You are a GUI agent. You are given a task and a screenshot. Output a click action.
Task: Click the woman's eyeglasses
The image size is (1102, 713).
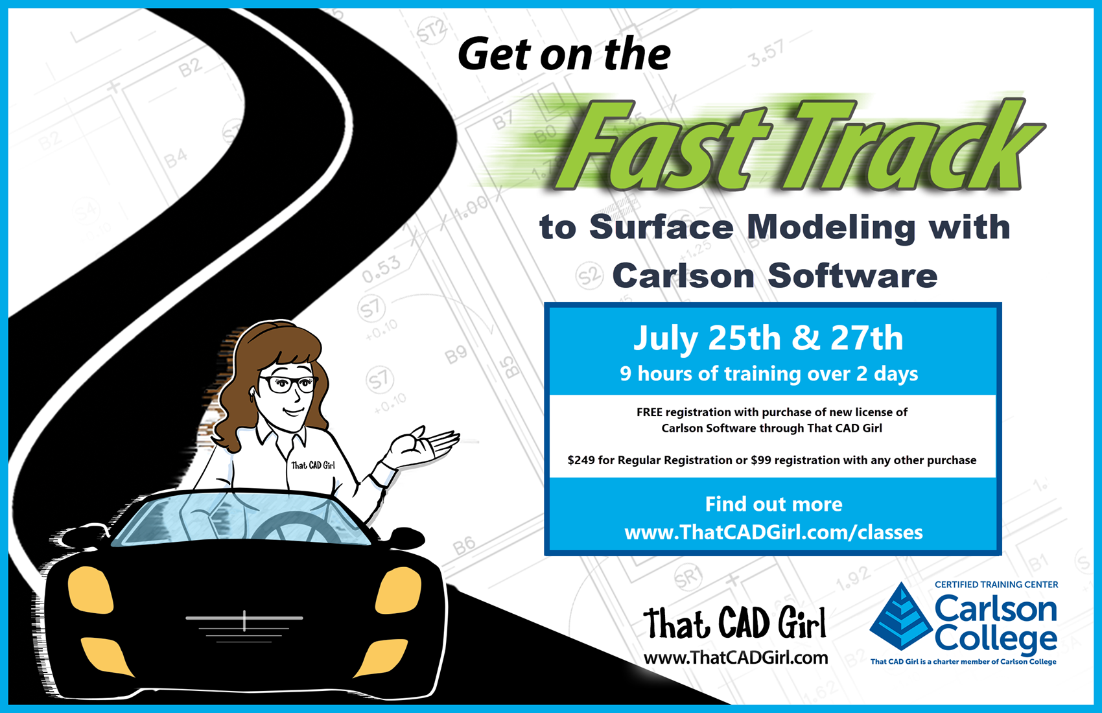click(288, 384)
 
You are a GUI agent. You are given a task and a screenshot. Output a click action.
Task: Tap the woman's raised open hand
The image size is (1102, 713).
click(423, 446)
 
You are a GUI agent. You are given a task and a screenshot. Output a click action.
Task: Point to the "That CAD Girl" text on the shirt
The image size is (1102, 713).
click(313, 465)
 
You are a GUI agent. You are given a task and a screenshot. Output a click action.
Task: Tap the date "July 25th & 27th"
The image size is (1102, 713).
click(768, 338)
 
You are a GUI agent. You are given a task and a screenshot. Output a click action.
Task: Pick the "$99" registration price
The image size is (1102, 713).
click(761, 460)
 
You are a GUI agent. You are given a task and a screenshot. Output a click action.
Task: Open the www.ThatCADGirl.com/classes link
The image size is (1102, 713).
click(773, 532)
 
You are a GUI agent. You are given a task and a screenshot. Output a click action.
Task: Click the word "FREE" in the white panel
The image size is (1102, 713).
click(650, 412)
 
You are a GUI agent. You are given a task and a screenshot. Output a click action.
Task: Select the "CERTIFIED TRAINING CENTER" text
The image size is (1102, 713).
click(996, 585)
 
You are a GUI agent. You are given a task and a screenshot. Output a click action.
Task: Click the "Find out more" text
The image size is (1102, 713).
click(773, 504)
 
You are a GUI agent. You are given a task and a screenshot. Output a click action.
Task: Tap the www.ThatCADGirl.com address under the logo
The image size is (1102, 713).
click(736, 658)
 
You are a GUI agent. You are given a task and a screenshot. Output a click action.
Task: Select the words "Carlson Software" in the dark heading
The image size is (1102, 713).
click(775, 275)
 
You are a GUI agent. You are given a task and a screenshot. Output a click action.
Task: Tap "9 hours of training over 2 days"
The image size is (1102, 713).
click(768, 374)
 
